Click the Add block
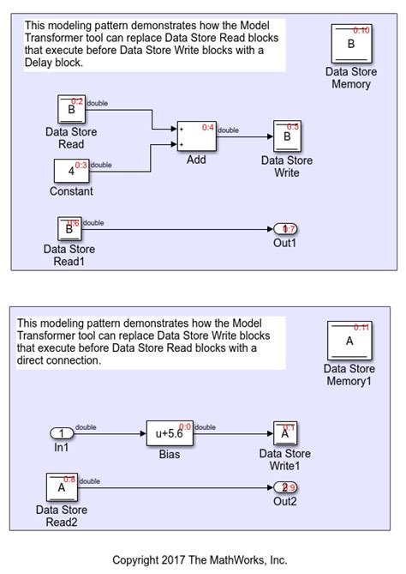click(196, 136)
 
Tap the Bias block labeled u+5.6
click(170, 434)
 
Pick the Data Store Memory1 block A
click(349, 341)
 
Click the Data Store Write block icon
click(287, 136)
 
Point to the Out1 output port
click(284, 229)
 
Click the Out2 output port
click(284, 488)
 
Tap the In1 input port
click(63, 434)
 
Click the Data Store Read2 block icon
click(61, 488)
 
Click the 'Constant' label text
click(71, 190)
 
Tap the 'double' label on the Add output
click(229, 130)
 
